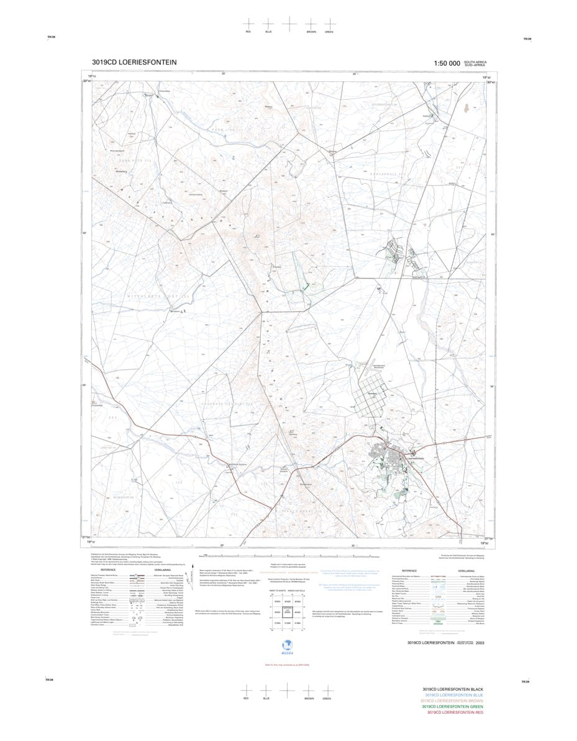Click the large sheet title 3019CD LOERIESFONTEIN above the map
pos(134,62)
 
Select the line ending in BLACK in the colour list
pos(452,689)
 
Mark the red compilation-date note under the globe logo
pos(286,665)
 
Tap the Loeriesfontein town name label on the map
pos(414,458)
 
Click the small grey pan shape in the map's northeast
pos(465,109)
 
